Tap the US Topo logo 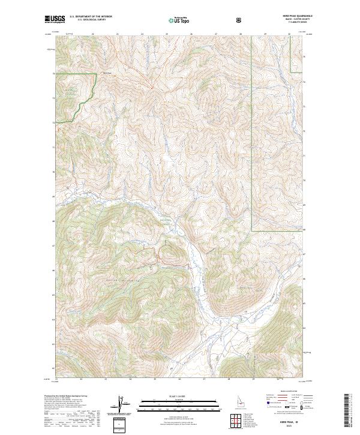[176, 20]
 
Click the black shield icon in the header [240, 19]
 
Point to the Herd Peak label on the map [108, 74]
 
